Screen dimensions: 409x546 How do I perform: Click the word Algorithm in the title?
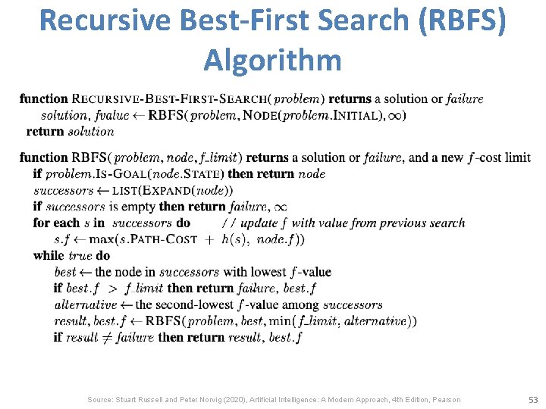(272, 59)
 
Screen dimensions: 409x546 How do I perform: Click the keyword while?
(49, 255)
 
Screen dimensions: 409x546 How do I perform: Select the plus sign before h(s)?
(209, 239)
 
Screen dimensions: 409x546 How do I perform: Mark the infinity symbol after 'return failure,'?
(279, 207)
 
